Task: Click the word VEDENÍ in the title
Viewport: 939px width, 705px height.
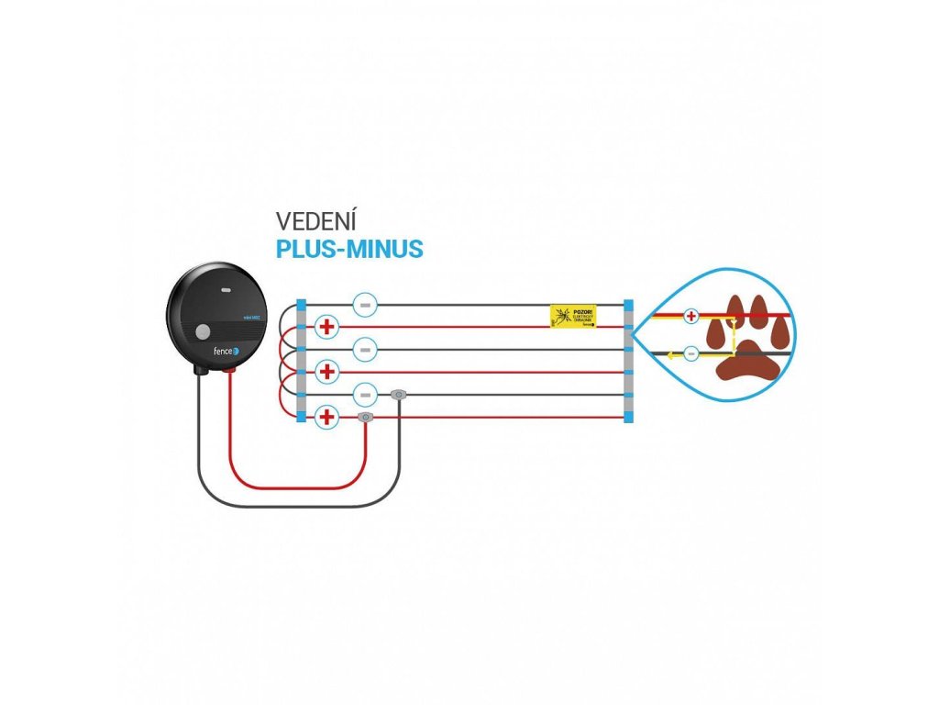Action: [316, 221]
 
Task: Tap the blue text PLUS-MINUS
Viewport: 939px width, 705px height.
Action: [349, 250]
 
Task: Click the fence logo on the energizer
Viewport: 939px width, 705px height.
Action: [221, 351]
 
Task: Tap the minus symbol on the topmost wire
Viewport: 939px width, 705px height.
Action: [365, 303]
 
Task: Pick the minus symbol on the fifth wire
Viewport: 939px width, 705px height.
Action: [365, 395]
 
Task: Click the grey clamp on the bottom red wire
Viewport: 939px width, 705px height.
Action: [365, 418]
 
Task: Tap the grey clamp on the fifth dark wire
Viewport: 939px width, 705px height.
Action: [398, 395]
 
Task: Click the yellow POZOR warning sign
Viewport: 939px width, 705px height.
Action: [573, 317]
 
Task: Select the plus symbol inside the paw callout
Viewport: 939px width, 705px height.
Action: [691, 316]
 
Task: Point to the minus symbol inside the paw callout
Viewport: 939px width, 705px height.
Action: [691, 353]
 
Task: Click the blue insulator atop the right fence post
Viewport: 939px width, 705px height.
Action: [628, 304]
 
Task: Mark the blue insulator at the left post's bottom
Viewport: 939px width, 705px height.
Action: [301, 418]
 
